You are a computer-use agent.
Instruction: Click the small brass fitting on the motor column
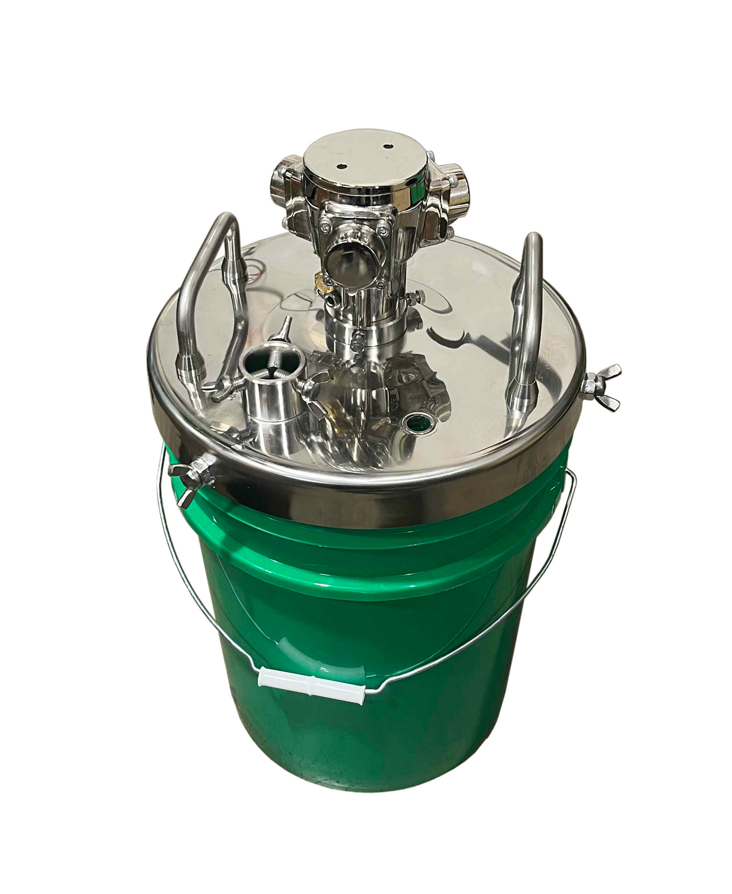[318, 281]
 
